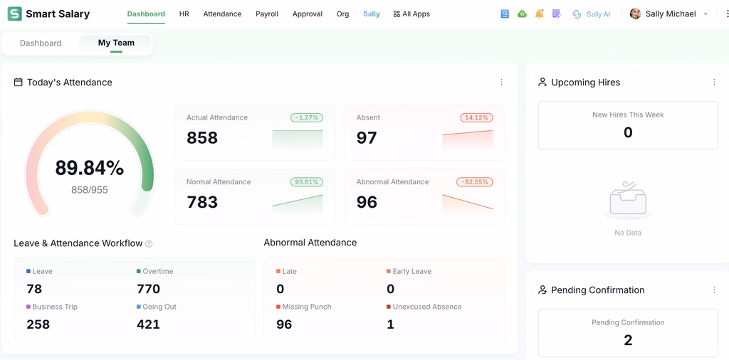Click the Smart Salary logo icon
(15, 14)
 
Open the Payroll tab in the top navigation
(267, 14)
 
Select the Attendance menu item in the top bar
(222, 14)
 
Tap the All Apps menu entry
(411, 14)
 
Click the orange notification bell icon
(540, 14)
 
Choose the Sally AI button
(592, 14)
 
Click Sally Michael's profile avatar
(635, 14)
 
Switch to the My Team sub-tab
(116, 43)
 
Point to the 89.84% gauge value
(89, 168)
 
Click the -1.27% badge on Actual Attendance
(307, 117)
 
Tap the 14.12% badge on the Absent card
(476, 117)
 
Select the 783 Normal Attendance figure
(202, 202)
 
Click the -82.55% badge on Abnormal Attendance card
(475, 181)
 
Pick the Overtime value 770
(148, 289)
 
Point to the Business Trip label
(55, 307)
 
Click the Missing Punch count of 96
(284, 324)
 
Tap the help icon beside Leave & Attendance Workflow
(149, 243)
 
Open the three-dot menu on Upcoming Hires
(714, 83)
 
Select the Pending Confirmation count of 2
(628, 341)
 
